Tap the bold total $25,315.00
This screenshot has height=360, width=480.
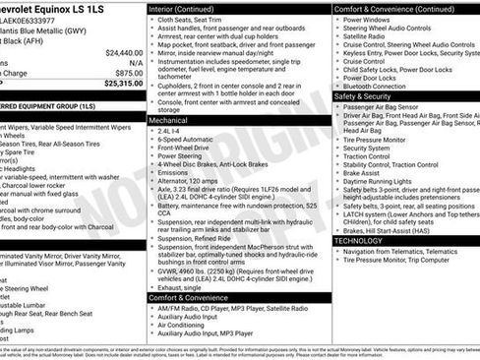[x=122, y=84]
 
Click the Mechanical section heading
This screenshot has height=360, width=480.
[x=169, y=118]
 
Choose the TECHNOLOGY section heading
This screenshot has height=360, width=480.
[x=358, y=240]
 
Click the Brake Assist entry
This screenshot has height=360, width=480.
[x=363, y=172]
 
